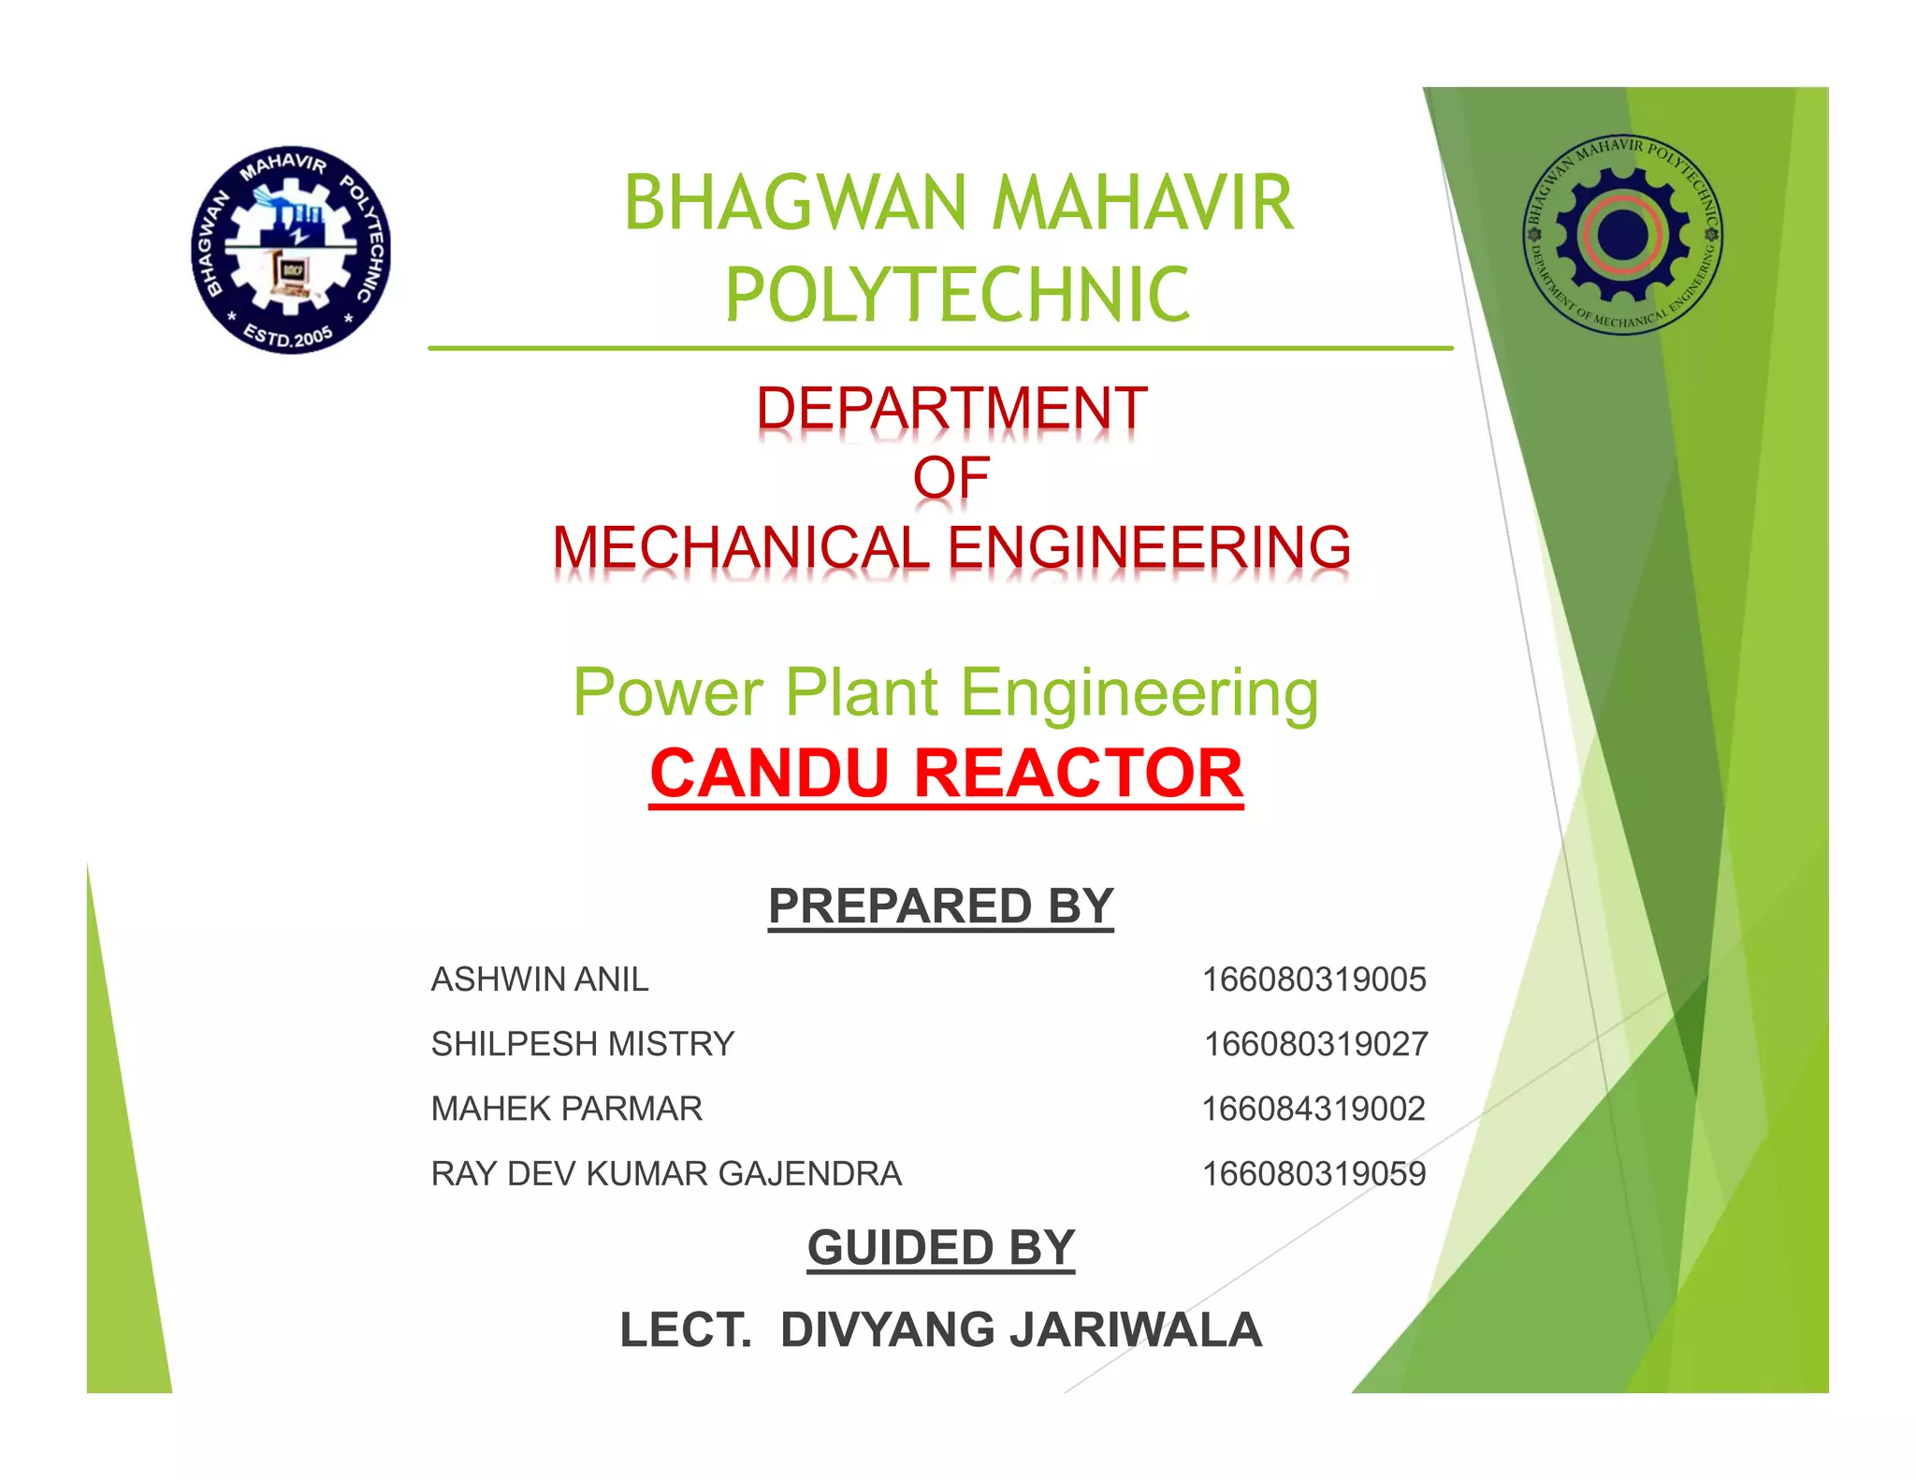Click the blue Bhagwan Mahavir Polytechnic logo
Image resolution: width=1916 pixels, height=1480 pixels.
[291, 250]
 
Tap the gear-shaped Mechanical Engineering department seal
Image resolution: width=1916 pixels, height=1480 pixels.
[1623, 234]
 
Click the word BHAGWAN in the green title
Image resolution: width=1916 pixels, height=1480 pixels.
[795, 203]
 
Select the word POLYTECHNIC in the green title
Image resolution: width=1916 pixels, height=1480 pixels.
[957, 295]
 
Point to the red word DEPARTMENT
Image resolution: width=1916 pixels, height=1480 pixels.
[951, 409]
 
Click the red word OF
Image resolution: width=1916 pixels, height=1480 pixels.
[951, 478]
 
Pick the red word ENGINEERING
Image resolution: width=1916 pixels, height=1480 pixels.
[1150, 547]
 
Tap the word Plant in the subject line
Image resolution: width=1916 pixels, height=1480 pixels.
[862, 693]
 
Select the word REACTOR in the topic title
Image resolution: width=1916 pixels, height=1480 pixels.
[1078, 775]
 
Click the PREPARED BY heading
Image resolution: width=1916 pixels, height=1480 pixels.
[940, 906]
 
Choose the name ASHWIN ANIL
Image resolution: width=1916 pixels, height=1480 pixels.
[540, 979]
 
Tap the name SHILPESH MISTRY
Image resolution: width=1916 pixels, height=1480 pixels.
[583, 1044]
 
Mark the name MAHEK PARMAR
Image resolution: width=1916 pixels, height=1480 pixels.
[566, 1109]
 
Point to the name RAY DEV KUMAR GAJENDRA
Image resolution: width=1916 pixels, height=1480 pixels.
[666, 1173]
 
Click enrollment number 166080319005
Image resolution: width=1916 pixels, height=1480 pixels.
[1314, 979]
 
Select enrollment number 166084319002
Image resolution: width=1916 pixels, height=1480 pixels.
[1314, 1109]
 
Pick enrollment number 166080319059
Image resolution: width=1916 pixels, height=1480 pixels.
[1314, 1173]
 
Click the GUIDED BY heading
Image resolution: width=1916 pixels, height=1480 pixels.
[940, 1248]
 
